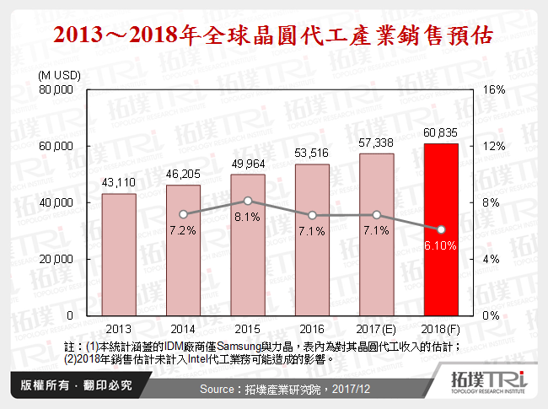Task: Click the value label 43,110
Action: tap(119, 183)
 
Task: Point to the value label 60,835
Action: tap(441, 132)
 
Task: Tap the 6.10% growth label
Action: tap(441, 245)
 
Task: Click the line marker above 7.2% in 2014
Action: tap(183, 214)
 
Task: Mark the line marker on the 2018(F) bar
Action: tap(441, 229)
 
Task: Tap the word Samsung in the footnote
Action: tap(239, 347)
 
